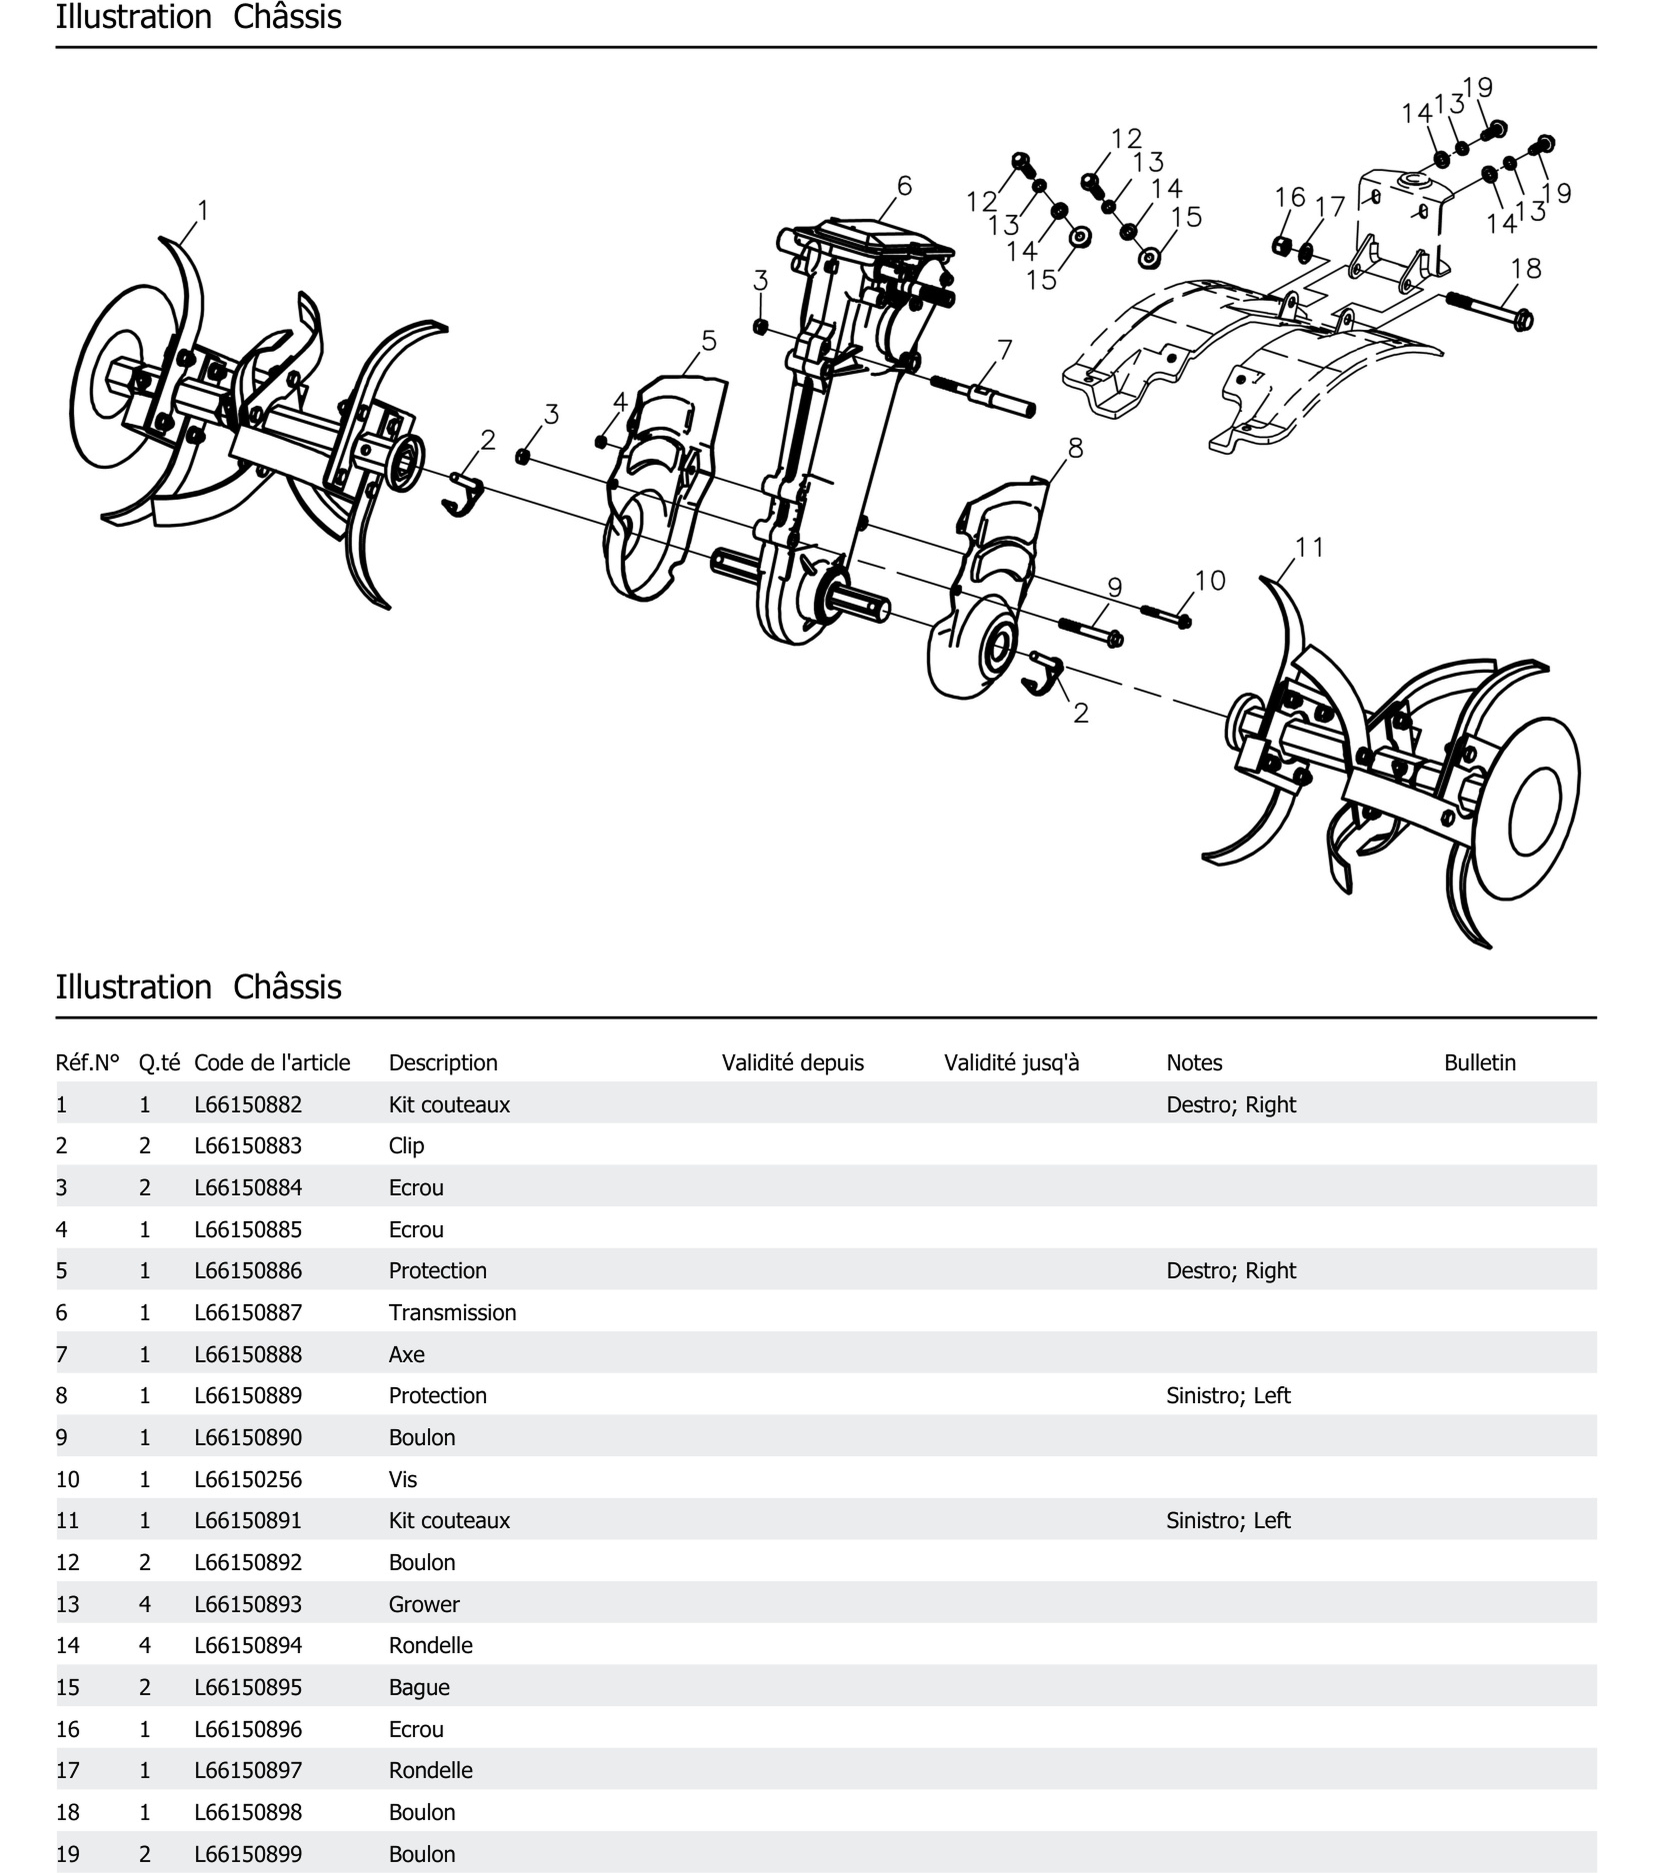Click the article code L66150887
pyautogui.click(x=247, y=1312)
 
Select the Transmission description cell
pyautogui.click(x=452, y=1312)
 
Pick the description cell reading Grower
pyautogui.click(x=423, y=1604)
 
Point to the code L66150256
pyautogui.click(x=247, y=1479)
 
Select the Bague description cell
pyautogui.click(x=419, y=1687)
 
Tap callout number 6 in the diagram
pyautogui.click(x=904, y=186)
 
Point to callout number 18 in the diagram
pyautogui.click(x=1525, y=268)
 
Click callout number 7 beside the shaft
pyautogui.click(x=1005, y=350)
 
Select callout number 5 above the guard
pyautogui.click(x=708, y=341)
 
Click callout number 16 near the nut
pyautogui.click(x=1289, y=197)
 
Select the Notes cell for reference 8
pyautogui.click(x=1227, y=1396)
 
